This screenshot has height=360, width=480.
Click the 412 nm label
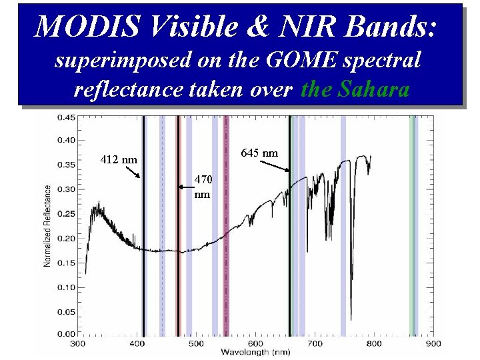coord(119,159)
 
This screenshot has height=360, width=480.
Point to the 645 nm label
coord(259,153)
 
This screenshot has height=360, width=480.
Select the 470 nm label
coord(203,187)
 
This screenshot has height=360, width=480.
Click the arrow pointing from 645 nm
coord(274,165)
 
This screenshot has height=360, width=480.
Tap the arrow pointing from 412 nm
coord(131,171)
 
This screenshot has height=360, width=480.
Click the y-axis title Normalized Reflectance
coord(47,226)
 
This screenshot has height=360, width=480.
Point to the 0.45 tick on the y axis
coord(65,117)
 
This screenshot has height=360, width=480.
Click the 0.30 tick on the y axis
coord(65,189)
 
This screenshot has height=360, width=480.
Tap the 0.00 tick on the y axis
coord(65,334)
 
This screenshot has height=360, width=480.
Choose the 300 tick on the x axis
coord(78,343)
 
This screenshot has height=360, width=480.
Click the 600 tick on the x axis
coord(256,343)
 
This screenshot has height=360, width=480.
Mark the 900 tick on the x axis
coord(433,343)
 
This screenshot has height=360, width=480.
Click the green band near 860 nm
coord(413,227)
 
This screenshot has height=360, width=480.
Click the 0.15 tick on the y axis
coord(65,262)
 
